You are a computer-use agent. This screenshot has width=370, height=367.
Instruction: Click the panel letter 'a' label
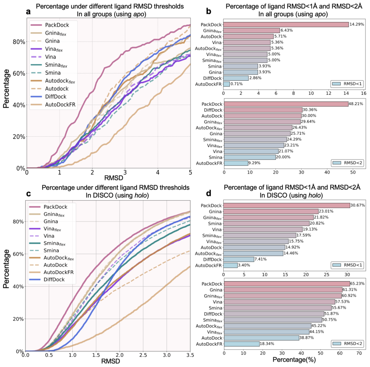click(x=29, y=11)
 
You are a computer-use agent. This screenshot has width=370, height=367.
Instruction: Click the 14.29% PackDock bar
click(x=286, y=24)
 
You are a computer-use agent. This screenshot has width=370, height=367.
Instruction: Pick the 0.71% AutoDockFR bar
click(x=227, y=84)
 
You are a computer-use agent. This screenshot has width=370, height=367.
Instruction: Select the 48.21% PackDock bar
click(x=286, y=104)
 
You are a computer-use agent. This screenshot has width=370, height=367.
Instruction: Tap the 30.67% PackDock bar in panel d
click(x=287, y=205)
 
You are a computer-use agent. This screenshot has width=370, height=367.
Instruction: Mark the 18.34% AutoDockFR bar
click(x=242, y=344)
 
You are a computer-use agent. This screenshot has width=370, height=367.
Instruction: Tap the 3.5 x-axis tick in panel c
click(x=190, y=355)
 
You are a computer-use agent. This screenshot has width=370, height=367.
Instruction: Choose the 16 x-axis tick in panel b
click(x=364, y=93)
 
